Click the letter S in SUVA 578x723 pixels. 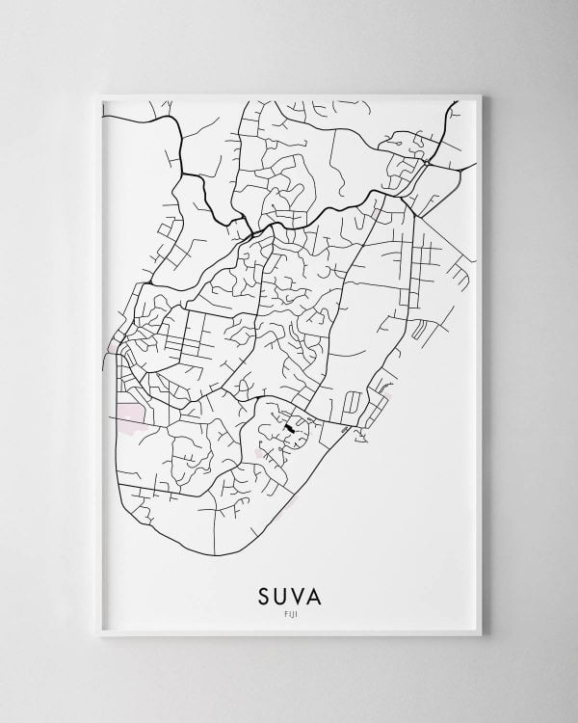coord(261,595)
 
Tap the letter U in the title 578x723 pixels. coord(280,595)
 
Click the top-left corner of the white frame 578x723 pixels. coord(100,93)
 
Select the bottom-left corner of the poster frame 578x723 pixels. coord(100,637)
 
